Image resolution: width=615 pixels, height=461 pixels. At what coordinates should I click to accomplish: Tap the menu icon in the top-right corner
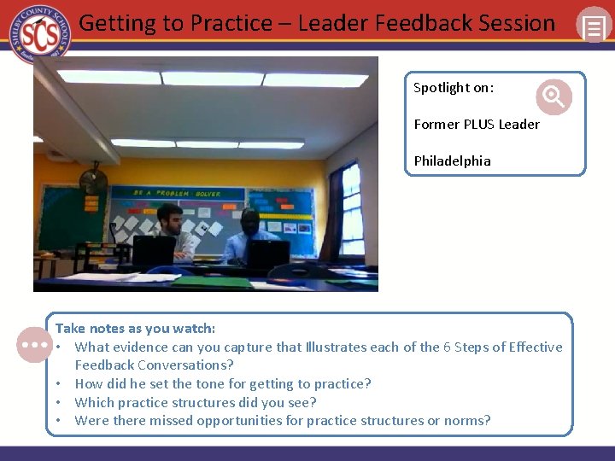click(592, 26)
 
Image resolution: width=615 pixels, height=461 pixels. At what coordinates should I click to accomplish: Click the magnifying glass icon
click(553, 96)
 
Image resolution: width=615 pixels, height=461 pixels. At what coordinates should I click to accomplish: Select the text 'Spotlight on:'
click(453, 88)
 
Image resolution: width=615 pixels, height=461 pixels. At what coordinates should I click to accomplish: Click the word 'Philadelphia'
click(452, 161)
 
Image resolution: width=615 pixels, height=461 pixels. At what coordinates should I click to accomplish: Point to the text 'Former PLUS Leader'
click(476, 125)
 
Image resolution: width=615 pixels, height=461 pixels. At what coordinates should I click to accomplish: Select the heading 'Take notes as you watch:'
click(135, 329)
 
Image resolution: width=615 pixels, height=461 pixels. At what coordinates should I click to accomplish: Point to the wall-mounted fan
click(92, 180)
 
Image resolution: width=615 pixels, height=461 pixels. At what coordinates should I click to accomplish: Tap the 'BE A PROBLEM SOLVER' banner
click(177, 194)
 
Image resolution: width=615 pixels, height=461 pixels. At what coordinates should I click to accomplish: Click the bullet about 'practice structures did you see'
click(195, 402)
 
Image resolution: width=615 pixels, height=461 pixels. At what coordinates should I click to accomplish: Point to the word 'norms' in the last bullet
click(471, 421)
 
